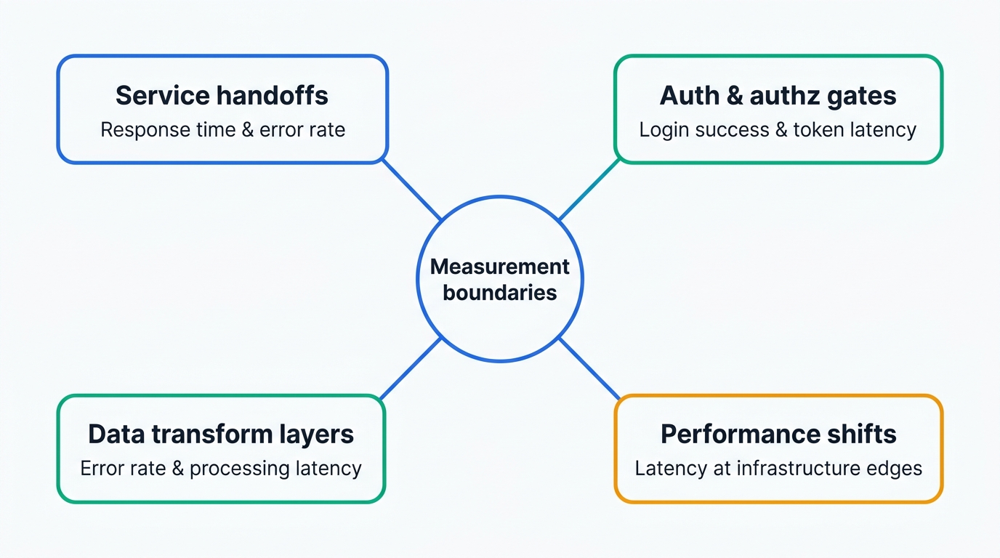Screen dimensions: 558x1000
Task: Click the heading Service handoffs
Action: coord(222,95)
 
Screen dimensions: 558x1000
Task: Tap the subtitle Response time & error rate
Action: coord(222,130)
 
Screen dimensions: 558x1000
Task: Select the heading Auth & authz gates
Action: coord(778,95)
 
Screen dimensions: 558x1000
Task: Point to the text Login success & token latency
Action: coord(778,130)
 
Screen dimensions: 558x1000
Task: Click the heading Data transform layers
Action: coord(221,434)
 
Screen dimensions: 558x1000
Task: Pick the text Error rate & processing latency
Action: coord(221,469)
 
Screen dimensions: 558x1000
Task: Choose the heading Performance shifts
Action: coord(778,434)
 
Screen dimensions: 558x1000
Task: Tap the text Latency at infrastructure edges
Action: coord(778,469)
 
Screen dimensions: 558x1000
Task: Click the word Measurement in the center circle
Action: coord(500,267)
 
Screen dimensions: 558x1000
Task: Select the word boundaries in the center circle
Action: coord(500,293)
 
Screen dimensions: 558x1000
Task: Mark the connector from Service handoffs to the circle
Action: coord(411,190)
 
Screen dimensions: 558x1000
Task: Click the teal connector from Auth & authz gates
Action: coord(589,190)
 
